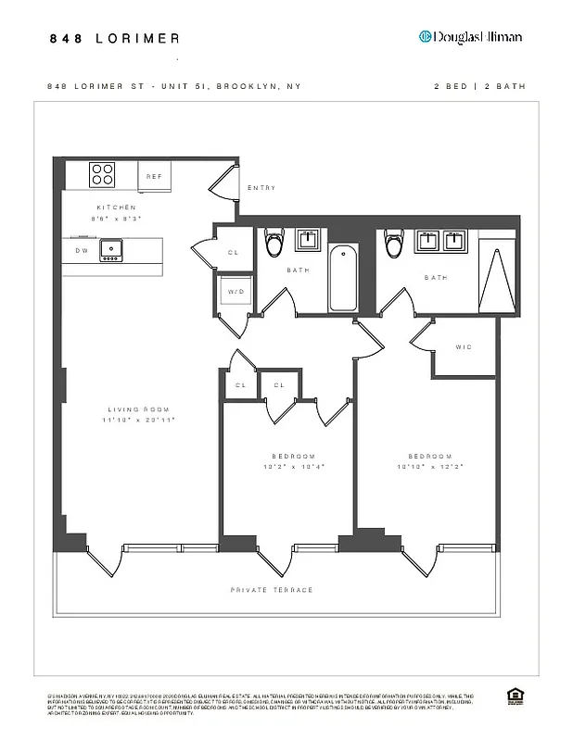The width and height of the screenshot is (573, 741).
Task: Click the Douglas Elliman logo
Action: [470, 37]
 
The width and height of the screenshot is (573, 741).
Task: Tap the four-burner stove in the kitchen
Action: [102, 174]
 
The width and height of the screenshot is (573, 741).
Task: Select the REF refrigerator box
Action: [154, 176]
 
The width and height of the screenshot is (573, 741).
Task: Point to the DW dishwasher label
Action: [81, 249]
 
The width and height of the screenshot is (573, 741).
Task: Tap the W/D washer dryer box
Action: [234, 292]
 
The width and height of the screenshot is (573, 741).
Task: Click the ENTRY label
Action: [261, 188]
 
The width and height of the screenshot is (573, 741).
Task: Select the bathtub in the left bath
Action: [343, 278]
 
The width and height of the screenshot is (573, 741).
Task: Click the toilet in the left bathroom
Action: [274, 245]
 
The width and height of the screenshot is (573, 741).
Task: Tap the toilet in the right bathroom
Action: [394, 245]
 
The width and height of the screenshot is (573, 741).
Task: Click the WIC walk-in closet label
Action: [464, 347]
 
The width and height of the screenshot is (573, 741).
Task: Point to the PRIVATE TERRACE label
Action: [272, 590]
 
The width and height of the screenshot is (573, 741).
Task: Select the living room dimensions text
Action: [140, 420]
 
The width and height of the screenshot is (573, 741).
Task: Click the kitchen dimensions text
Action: [117, 219]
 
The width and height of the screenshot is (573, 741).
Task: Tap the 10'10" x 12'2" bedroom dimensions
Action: [430, 467]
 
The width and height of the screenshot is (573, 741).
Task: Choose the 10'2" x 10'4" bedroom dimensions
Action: [293, 467]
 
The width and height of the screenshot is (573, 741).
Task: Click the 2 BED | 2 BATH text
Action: [479, 86]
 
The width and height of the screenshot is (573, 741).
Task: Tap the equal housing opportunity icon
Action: [515, 696]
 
